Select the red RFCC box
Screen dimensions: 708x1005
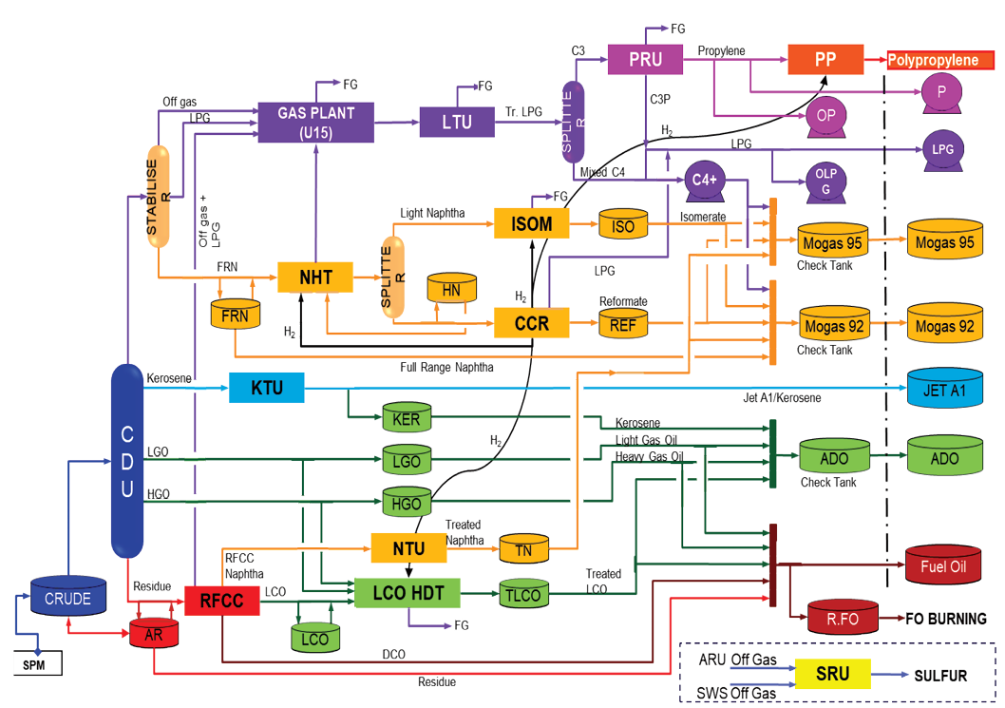(x=222, y=601)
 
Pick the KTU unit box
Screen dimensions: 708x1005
(x=269, y=388)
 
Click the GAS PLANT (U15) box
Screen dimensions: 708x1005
(x=316, y=122)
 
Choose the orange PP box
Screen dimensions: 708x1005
(x=825, y=60)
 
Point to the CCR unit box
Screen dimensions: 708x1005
(x=531, y=323)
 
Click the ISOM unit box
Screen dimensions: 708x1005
(x=531, y=224)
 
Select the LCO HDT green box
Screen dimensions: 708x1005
(x=408, y=593)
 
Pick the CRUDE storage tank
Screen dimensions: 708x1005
(x=67, y=598)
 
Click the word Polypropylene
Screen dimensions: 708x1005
(x=939, y=61)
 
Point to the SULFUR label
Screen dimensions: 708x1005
(x=940, y=676)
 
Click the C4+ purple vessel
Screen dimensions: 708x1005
(x=704, y=180)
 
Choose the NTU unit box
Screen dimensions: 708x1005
(x=408, y=547)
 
